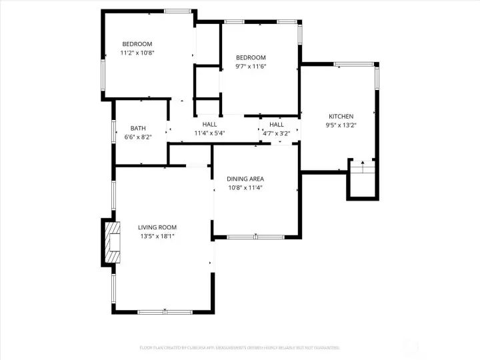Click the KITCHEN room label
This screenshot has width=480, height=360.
341,117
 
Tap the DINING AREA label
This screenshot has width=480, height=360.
245,179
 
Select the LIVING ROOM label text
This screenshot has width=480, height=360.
157,227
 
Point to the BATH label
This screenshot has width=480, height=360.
138,129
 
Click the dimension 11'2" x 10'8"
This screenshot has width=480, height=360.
137,53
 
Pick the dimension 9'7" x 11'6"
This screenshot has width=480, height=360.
251,66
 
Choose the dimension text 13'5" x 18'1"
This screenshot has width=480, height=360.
157,236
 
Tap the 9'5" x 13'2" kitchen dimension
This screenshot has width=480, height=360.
341,125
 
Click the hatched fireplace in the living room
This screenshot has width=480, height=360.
113,242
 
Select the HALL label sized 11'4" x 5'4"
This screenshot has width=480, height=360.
209,125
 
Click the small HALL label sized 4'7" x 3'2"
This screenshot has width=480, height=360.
277,125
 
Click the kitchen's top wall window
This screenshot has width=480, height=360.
354,65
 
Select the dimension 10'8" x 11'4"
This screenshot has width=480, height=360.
245,187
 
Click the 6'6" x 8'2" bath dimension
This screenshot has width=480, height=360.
138,137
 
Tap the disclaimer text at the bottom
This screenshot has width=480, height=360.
240,347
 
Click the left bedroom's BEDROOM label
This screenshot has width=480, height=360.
137,45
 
